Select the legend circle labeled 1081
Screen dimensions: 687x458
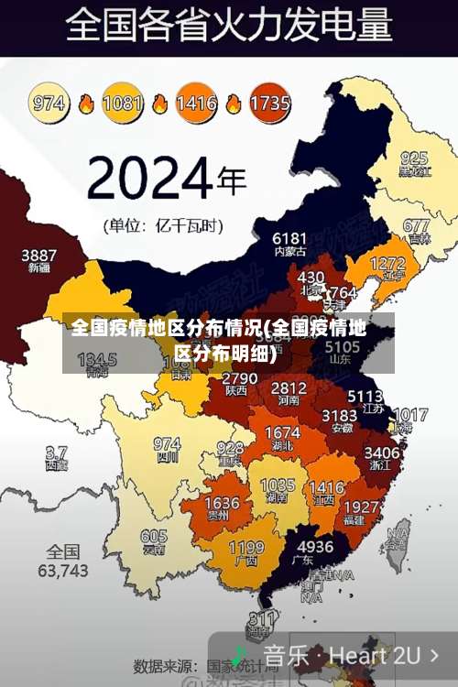coord(122,102)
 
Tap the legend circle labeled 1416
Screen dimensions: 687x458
coord(196,102)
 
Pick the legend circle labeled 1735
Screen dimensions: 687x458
coord(269,102)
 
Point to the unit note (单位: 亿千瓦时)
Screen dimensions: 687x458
coord(163,224)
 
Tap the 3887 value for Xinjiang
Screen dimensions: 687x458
coord(38,255)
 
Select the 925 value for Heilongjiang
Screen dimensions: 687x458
coord(414,158)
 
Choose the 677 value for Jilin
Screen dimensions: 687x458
coord(416,225)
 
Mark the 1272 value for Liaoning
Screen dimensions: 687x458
coord(387,264)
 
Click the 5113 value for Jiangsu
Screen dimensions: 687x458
coord(365,396)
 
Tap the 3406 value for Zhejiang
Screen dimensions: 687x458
coord(381,452)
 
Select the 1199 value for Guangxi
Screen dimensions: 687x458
coord(245,548)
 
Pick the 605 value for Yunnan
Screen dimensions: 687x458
coord(154,537)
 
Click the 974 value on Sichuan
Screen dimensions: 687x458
coord(167,443)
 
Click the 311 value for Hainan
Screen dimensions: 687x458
coord(263,618)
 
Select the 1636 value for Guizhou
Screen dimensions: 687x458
coord(222,503)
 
